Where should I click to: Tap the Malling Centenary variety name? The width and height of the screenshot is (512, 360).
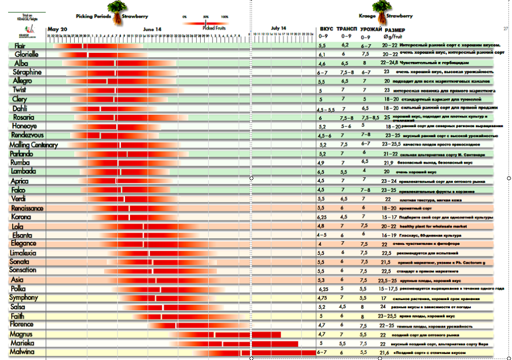33,145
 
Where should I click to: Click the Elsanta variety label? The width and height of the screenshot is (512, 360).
23,236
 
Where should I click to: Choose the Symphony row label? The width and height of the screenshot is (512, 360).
24,298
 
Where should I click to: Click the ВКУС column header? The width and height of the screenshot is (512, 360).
326,30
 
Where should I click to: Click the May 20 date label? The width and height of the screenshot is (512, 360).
57,29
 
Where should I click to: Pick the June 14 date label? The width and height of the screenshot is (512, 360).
152,29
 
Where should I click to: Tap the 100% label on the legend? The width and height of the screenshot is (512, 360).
224,17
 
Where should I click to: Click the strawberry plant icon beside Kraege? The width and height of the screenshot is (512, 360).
379,9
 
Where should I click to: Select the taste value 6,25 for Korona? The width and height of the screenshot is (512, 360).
324,217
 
